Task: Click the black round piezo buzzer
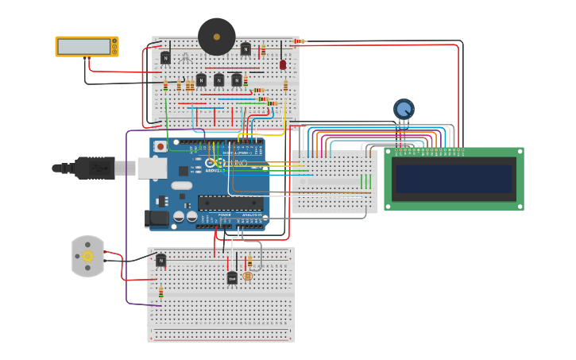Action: coord(217,37)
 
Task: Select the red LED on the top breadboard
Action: coord(283,64)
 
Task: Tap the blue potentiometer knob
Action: coord(404,109)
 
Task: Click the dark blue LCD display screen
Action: coord(454,179)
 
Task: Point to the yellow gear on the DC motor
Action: coord(87,256)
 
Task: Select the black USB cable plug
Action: coord(95,168)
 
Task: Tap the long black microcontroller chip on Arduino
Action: coord(230,203)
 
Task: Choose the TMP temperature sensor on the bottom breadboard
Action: coord(232,278)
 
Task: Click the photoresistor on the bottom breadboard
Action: coord(247,276)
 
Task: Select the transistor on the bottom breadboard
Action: coord(161,260)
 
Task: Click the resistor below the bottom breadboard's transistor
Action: coord(160,292)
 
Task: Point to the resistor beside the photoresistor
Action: coord(249,261)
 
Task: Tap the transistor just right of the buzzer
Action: coord(245,49)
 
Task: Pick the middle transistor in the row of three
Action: coord(218,79)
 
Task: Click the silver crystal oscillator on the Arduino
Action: coord(181,186)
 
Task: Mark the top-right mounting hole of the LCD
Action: coord(519,153)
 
